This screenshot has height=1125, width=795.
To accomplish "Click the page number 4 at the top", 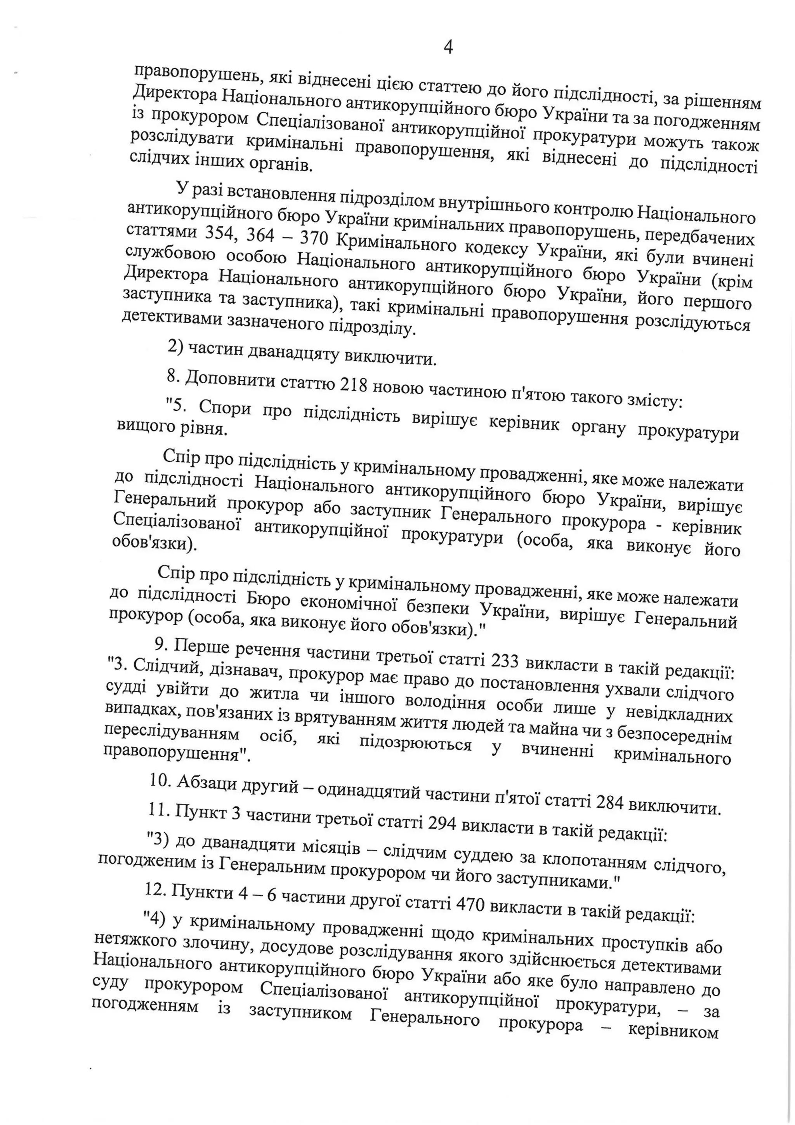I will click(x=448, y=47).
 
